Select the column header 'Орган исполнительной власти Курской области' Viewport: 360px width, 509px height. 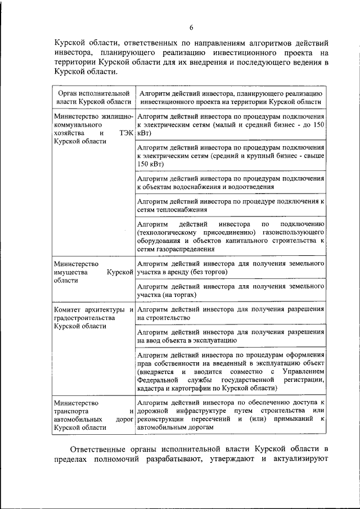[x=93, y=97]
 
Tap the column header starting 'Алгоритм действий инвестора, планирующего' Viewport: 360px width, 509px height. [x=230, y=97]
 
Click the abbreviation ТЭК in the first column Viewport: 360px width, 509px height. [x=125, y=133]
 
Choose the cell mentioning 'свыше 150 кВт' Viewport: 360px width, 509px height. [x=230, y=155]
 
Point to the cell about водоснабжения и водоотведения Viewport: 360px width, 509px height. [x=230, y=182]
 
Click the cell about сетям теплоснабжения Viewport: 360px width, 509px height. [x=230, y=206]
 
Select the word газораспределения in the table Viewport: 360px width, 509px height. [x=187, y=249]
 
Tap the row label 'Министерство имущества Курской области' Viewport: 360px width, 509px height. [x=93, y=272]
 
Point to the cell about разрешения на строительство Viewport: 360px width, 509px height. [x=230, y=313]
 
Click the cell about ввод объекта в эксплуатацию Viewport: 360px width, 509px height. [x=230, y=336]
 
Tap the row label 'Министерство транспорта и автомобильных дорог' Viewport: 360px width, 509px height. [x=93, y=415]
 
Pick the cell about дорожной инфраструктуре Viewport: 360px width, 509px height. [x=230, y=415]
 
